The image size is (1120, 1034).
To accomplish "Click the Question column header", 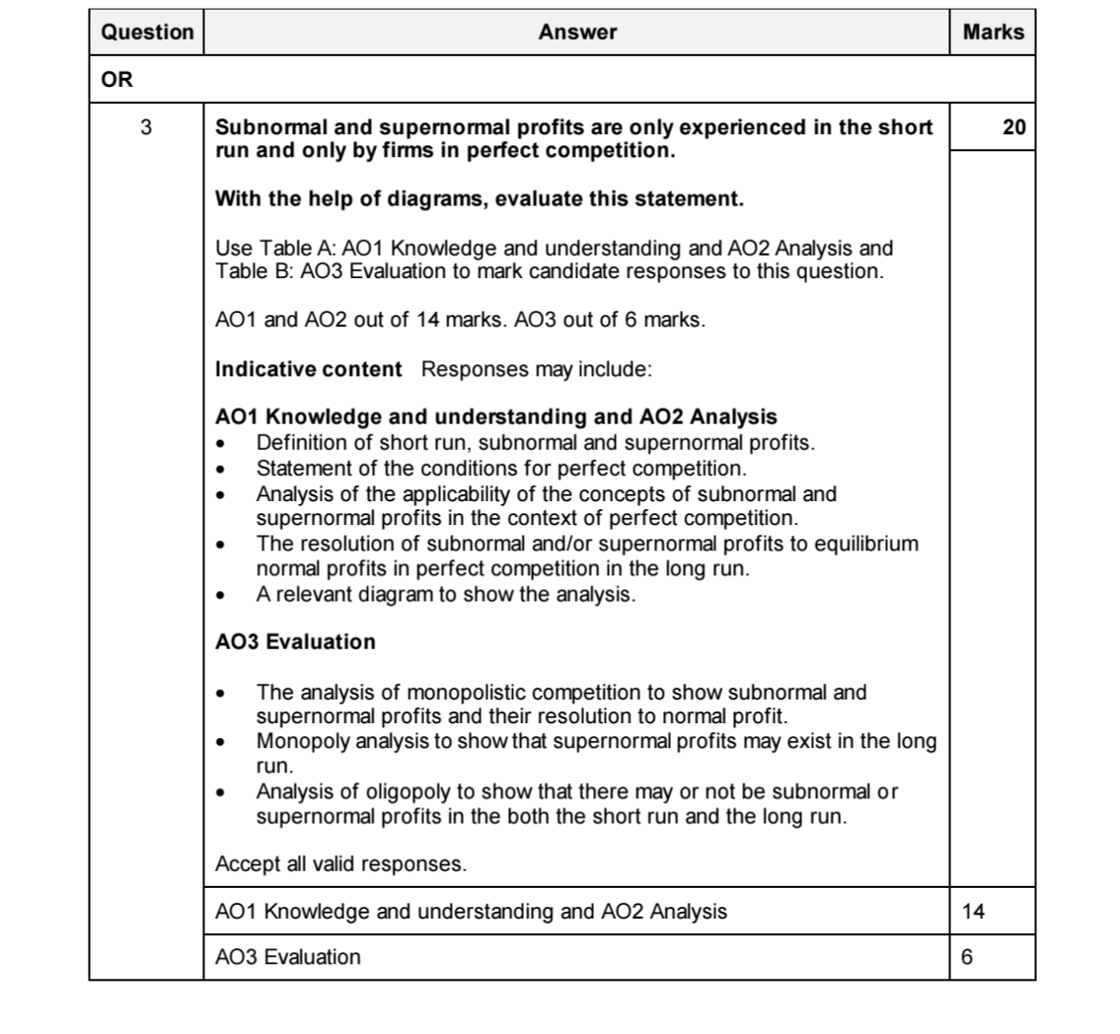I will [x=147, y=33].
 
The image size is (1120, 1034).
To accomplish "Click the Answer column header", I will [x=577, y=33].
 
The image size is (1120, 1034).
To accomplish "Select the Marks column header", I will [x=993, y=33].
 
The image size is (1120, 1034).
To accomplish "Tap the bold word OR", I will [x=116, y=80].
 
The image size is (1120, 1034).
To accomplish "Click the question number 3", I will [x=146, y=127].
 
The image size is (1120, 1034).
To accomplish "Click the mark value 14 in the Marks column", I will [x=973, y=912].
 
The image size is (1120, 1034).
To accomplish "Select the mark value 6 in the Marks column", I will [x=967, y=957].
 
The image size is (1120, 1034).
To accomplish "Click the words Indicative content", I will [x=308, y=370].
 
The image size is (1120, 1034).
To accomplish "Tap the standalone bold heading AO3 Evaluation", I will [x=295, y=642].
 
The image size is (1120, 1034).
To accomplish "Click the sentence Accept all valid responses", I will [x=340, y=865].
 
